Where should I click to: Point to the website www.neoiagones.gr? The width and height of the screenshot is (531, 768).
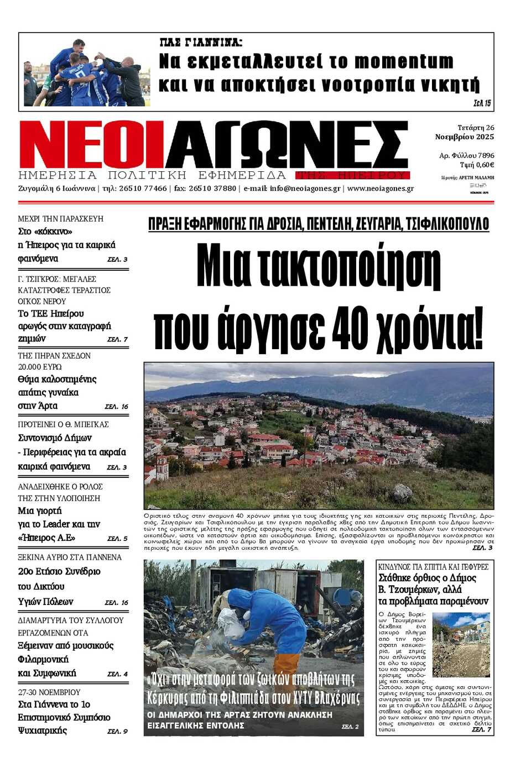pyautogui.click(x=381, y=188)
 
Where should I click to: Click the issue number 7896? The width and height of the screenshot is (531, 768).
pyautogui.click(x=486, y=156)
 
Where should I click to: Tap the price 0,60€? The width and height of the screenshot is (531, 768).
pyautogui.click(x=485, y=165)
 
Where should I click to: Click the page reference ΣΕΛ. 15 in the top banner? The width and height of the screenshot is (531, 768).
pyautogui.click(x=482, y=103)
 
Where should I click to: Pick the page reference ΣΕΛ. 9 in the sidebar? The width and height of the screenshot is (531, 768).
pyautogui.click(x=117, y=732)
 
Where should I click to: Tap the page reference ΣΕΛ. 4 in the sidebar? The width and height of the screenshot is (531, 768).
pyautogui.click(x=117, y=674)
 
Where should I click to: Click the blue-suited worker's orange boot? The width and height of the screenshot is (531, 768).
pyautogui.click(x=287, y=665)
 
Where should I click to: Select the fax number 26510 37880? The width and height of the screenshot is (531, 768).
pyautogui.click(x=212, y=188)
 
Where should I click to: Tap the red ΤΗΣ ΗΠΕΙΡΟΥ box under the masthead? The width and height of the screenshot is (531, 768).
pyautogui.click(x=352, y=176)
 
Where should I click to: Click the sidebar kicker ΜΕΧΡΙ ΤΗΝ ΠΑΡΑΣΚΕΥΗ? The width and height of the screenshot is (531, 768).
pyautogui.click(x=61, y=219)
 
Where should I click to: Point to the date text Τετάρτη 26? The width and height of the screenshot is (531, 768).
pyautogui.click(x=476, y=128)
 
